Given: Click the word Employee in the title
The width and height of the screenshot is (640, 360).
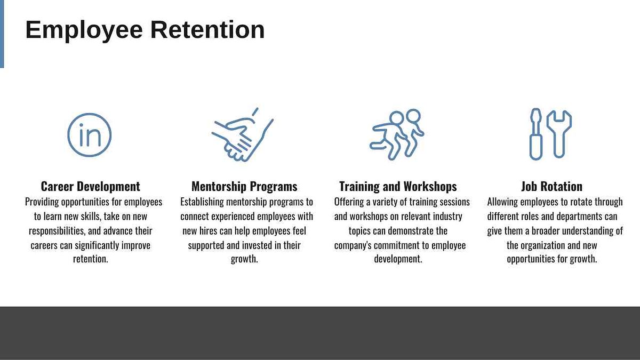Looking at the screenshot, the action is click(x=84, y=30).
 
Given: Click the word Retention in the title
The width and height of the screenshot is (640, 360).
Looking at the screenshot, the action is click(x=207, y=29).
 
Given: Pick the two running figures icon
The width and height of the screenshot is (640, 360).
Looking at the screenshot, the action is click(x=397, y=134).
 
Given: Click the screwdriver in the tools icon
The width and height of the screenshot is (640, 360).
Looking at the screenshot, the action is click(x=535, y=134).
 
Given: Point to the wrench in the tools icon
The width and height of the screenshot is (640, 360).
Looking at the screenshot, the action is click(x=559, y=134).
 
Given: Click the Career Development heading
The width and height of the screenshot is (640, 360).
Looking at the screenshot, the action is click(x=91, y=187).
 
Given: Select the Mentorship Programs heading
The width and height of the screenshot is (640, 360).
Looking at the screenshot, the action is click(x=244, y=187).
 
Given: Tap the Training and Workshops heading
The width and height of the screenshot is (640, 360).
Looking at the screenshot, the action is click(x=398, y=187).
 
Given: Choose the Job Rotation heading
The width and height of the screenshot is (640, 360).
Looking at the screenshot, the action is click(x=551, y=187).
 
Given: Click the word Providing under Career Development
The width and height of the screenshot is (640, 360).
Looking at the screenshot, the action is click(x=42, y=202).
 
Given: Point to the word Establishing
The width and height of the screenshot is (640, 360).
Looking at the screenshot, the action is click(x=202, y=202).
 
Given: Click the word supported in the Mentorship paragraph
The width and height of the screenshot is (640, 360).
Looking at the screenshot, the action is click(x=206, y=245).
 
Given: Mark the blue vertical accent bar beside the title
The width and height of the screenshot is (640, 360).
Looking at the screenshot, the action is click(x=2, y=34).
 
